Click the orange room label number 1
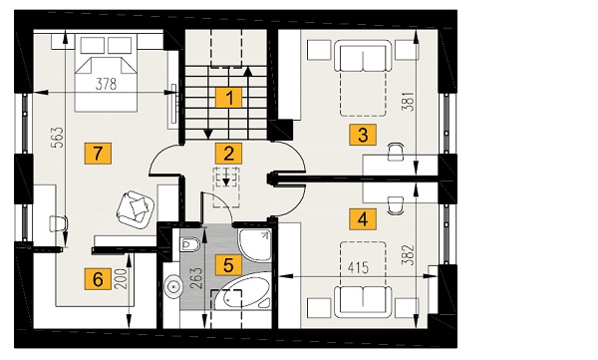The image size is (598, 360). [229, 98]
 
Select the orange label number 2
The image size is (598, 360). [229, 154]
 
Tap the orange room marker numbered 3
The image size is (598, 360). [363, 135]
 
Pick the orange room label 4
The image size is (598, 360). [363, 219]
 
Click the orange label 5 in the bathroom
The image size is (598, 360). [228, 265]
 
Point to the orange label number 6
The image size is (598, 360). [98, 278]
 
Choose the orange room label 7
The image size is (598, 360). [98, 154]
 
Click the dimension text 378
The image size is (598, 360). [106, 84]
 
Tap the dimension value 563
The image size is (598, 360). [59, 138]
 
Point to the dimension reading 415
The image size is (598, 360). [358, 268]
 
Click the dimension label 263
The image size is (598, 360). [197, 278]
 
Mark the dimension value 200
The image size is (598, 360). [121, 279]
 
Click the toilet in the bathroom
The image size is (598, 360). [188, 244]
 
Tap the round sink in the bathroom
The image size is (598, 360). [174, 286]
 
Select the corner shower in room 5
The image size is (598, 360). [254, 245]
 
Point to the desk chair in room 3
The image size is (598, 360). [396, 152]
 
